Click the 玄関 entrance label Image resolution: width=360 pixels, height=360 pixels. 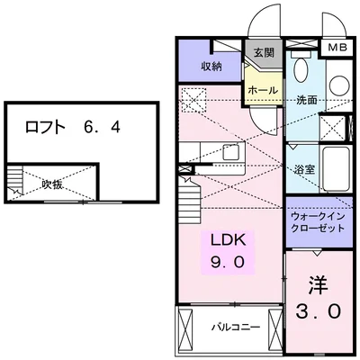[x=263, y=52]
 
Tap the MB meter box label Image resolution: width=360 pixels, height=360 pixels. [x=335, y=48]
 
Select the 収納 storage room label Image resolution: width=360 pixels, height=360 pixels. [x=211, y=67]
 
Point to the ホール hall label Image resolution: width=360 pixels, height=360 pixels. [x=262, y=91]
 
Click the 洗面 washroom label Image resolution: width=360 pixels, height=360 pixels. [x=308, y=100]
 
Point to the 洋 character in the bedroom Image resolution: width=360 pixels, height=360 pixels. [x=318, y=284]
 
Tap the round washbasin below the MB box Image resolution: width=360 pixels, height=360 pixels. [x=338, y=85]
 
